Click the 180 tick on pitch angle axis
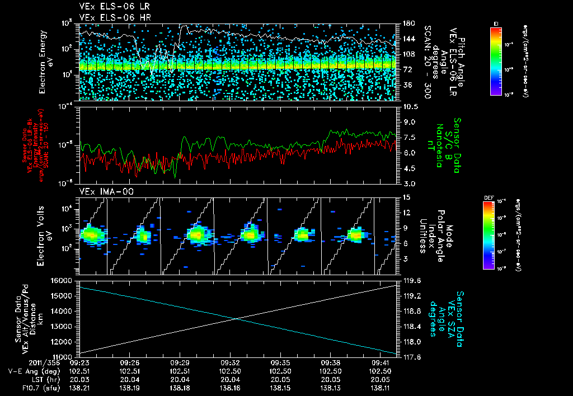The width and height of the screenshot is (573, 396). [x=404, y=23]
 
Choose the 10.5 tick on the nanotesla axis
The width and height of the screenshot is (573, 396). [x=406, y=106]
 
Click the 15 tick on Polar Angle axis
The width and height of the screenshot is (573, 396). [x=402, y=197]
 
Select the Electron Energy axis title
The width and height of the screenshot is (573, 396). [x=46, y=63]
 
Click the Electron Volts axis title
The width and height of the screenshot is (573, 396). [x=46, y=235]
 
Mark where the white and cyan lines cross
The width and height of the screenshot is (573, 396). [x=237, y=319]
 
